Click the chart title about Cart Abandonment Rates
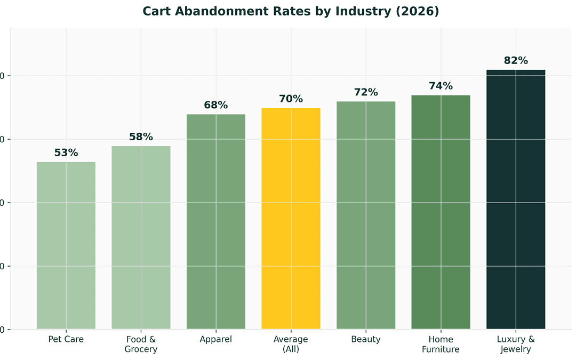[x=291, y=11]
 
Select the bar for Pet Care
[x=66, y=245]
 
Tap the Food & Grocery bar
[x=141, y=237]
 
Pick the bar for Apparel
[x=216, y=221]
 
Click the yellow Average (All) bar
[x=291, y=218]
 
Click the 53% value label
[x=66, y=153]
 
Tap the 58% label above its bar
[x=141, y=137]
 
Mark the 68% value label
[x=216, y=105]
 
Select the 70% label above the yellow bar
[x=291, y=99]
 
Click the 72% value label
[x=366, y=92]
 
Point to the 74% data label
[x=441, y=86]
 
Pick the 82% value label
[x=516, y=60]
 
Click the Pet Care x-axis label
[x=66, y=339]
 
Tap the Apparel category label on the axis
[x=216, y=339]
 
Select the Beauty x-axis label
[x=366, y=339]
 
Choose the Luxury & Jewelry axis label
[x=516, y=344]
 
